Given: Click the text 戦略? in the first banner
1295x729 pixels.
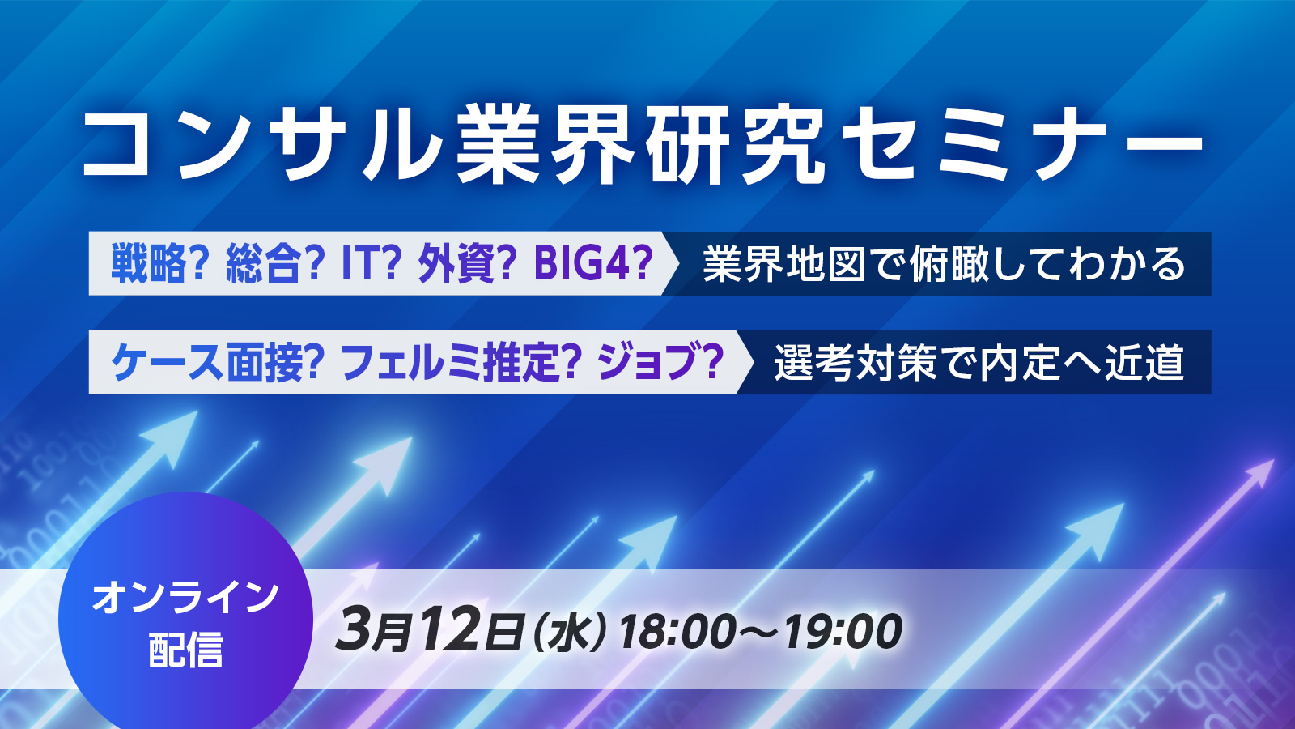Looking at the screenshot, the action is (159, 264).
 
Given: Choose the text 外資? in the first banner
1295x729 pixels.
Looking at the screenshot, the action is (467, 264).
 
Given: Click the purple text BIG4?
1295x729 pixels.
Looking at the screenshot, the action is (594, 264).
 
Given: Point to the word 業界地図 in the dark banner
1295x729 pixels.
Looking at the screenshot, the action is (783, 264).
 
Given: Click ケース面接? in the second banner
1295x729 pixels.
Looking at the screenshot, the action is (218, 363).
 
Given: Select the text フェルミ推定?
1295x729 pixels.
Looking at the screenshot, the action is (461, 363).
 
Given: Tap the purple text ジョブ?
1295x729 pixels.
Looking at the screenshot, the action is (660, 363).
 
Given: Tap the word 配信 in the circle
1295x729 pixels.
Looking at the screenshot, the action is (185, 650).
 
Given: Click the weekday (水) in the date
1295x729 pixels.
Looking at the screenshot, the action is (570, 632).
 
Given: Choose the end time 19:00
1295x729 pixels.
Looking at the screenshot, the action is (843, 632).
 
